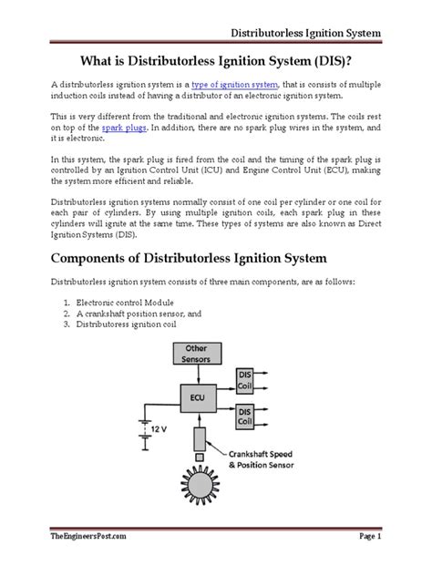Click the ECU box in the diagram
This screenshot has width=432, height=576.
197,397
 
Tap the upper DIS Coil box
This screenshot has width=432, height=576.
245,380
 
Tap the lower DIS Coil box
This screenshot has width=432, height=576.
245,416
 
